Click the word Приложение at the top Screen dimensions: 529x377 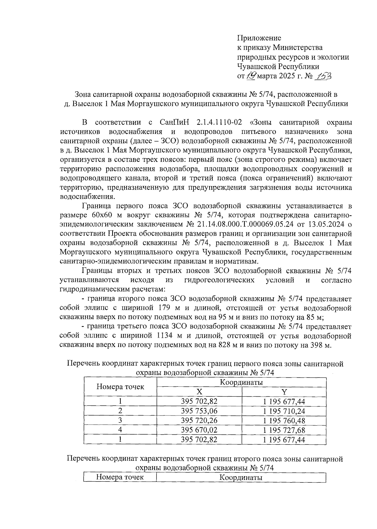pos(259,38)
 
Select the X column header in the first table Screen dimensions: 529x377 pos(199,392)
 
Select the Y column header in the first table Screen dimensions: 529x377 pos(284,392)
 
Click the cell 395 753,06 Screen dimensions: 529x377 pos(199,411)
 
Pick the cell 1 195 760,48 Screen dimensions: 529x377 pos(284,421)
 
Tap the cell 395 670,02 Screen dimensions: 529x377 pos(199,430)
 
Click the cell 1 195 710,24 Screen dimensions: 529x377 pos(284,411)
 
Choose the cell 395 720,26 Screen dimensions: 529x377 pos(199,420)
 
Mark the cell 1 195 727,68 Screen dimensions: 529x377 pos(284,430)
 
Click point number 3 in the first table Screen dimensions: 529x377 pos(120,420)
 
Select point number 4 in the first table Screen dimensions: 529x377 pos(120,430)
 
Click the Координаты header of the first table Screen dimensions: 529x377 pos(241,382)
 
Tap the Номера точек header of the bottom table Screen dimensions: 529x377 pos(120,477)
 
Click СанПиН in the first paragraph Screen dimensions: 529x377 pos(173,122)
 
